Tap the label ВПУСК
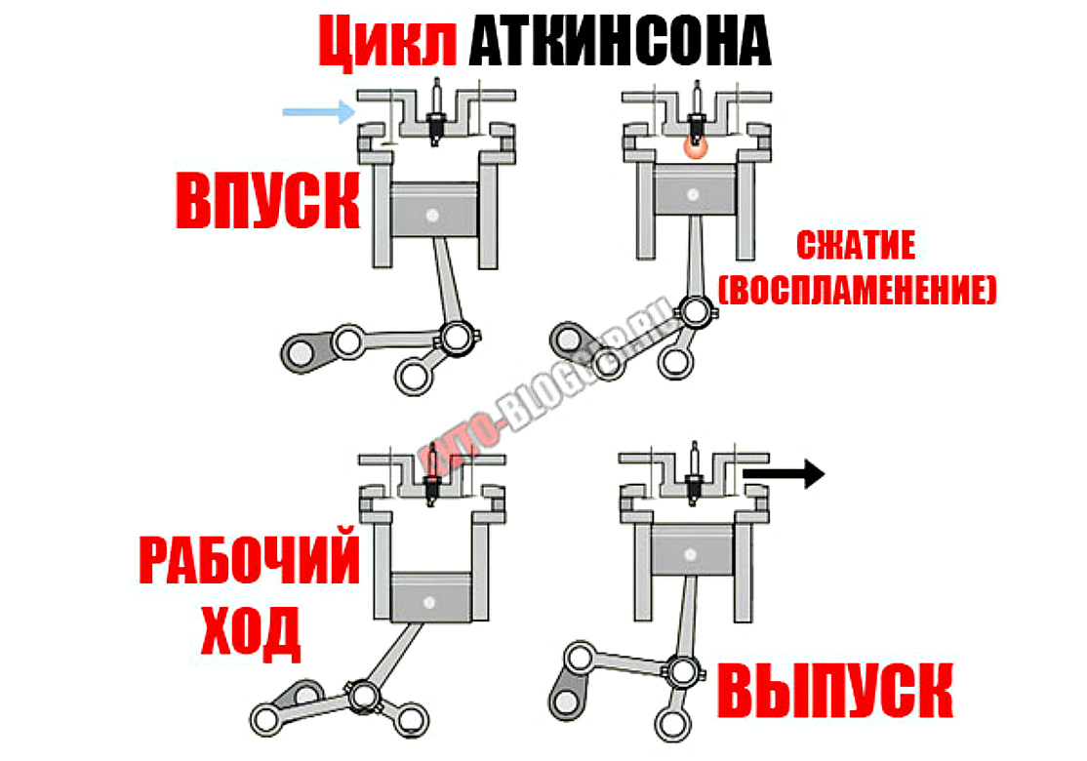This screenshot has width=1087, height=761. [x=267, y=201]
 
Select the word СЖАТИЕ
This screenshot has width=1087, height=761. [x=856, y=246]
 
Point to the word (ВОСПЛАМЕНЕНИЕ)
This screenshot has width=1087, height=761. [x=857, y=291]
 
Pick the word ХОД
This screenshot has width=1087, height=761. [x=250, y=631]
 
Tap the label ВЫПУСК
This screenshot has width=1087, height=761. [x=834, y=690]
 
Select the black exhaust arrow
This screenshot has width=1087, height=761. [x=784, y=474]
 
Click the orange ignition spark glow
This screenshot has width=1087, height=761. [x=694, y=146]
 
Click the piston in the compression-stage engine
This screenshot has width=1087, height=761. [x=694, y=189]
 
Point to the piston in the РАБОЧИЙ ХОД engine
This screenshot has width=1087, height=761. [x=430, y=597]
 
